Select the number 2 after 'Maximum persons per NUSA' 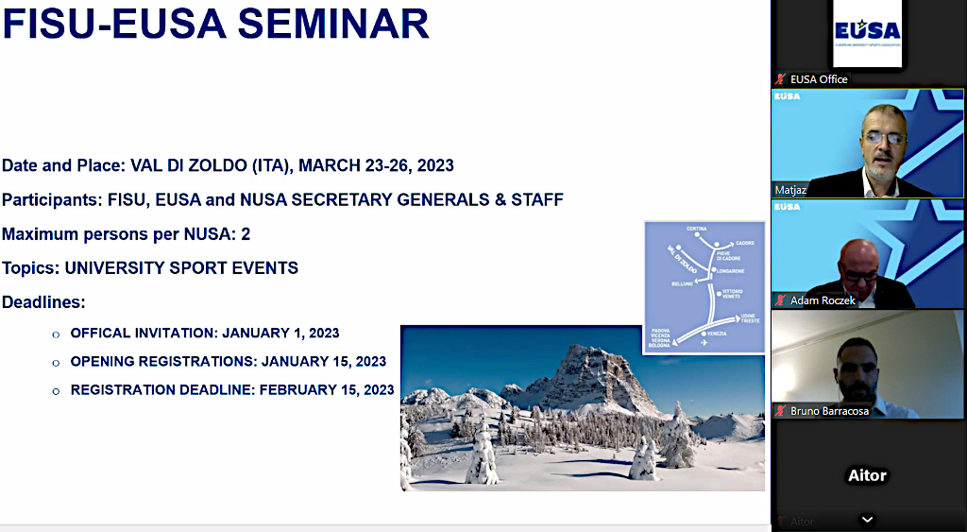tap(246, 233)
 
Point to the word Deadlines tap(43, 302)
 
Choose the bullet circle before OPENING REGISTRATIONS tap(56, 363)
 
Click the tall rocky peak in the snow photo tap(595, 373)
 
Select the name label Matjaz tap(791, 189)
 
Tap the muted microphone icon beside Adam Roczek tap(780, 300)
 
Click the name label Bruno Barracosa tap(829, 411)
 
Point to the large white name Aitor tap(867, 475)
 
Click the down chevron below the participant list tap(867, 519)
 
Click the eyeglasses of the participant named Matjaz tap(883, 137)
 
